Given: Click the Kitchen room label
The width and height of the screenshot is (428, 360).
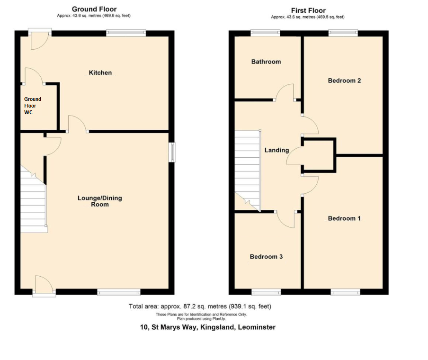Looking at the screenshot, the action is (100, 72).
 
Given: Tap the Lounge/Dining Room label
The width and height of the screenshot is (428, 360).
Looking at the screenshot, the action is (100, 201).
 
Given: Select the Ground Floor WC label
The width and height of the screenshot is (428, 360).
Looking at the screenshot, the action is (33, 106).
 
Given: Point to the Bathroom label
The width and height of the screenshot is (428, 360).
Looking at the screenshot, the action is (266, 62).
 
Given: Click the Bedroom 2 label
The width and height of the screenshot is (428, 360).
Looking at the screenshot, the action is (345, 81).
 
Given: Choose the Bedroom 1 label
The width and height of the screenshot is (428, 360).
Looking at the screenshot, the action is (344, 218).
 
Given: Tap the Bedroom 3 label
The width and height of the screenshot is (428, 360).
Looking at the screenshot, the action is (266, 256).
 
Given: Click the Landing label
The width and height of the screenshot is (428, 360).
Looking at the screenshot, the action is (277, 150).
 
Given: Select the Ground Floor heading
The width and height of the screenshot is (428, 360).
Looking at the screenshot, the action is (94, 9).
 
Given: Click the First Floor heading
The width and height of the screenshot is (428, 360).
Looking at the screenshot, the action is (308, 10).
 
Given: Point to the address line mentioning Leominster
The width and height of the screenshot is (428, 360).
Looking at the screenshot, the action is (208, 327).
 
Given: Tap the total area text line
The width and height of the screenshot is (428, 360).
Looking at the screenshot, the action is (200, 306).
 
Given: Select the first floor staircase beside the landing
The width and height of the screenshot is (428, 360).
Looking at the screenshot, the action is (248, 171).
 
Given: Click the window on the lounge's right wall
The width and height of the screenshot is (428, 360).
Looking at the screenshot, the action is (172, 152).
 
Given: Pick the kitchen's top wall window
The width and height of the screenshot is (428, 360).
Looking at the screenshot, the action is (126, 33).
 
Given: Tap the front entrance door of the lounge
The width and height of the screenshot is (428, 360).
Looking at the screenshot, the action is (44, 286).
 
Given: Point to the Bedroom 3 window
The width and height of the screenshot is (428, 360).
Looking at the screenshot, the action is (266, 292).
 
